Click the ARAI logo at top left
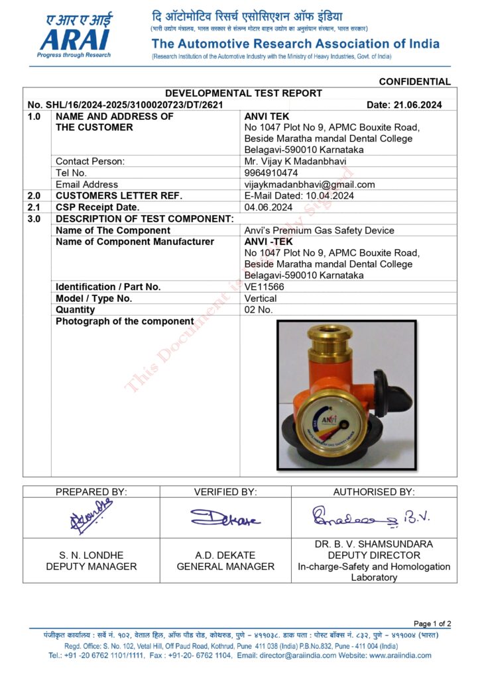(74, 36)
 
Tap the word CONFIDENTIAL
(414, 81)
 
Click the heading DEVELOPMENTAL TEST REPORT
(243, 93)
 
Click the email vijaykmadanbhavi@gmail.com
(310, 185)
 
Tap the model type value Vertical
(261, 298)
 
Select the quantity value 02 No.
(259, 309)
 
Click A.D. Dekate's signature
(225, 518)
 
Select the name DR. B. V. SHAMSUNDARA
(374, 544)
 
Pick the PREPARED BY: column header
(91, 491)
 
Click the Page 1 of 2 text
(432, 623)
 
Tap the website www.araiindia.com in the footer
(400, 655)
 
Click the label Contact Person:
(90, 161)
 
